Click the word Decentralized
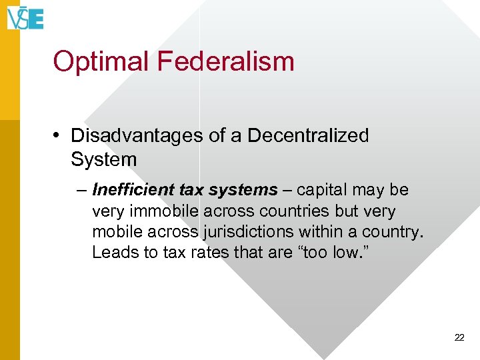tap(308, 135)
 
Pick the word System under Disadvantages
tap(103, 159)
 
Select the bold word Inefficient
tap(133, 190)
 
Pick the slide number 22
tap(459, 338)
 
